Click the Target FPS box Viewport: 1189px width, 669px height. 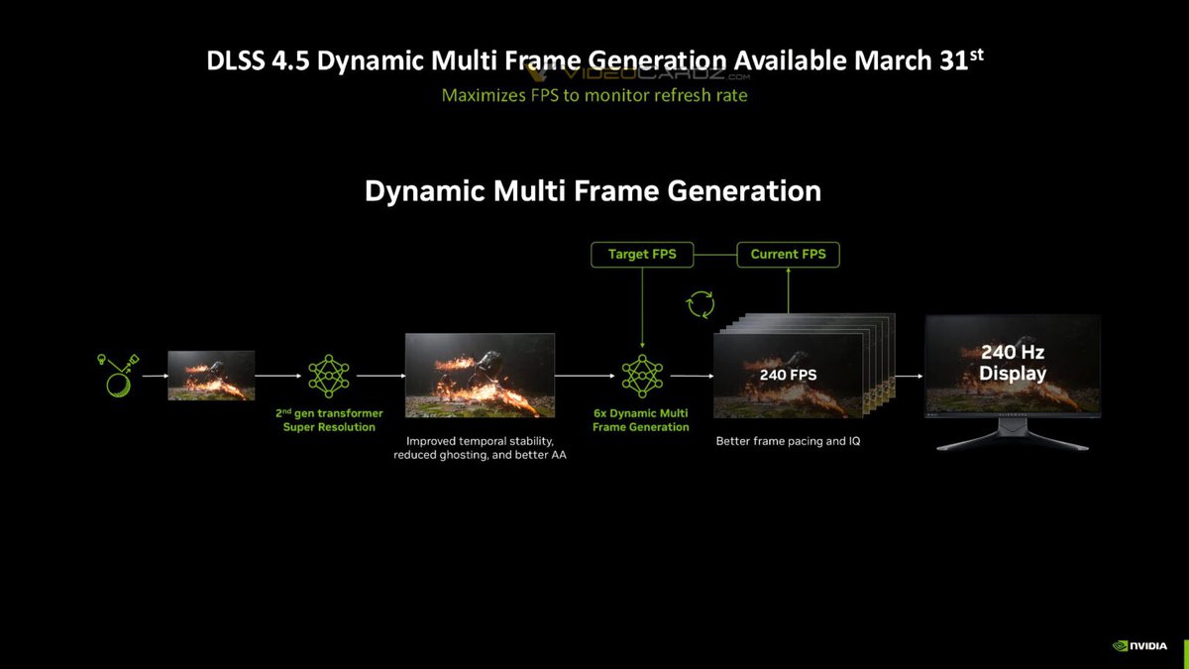click(x=642, y=255)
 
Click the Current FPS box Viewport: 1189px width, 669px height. click(x=789, y=255)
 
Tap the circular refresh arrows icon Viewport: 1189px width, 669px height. click(x=701, y=304)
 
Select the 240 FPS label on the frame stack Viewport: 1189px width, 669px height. click(x=789, y=375)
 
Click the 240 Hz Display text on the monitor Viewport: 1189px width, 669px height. click(x=1013, y=362)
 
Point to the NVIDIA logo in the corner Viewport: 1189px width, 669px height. click(x=1139, y=645)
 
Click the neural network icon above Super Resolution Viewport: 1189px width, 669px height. click(x=329, y=376)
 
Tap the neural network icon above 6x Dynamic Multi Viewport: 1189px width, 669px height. click(x=642, y=376)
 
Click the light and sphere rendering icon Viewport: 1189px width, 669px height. click(x=118, y=376)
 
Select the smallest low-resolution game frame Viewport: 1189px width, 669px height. click(x=211, y=376)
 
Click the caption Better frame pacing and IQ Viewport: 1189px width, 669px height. click(x=788, y=441)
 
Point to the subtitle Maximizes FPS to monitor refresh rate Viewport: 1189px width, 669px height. click(x=594, y=95)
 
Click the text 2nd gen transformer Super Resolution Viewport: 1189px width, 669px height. click(x=329, y=420)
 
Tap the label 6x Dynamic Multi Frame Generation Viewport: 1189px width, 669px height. click(x=641, y=420)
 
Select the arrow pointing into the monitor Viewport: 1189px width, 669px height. click(x=909, y=376)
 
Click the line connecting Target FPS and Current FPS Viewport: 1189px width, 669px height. click(x=715, y=255)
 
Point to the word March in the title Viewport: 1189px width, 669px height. click(x=893, y=60)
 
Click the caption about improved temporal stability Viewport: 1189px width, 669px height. click(x=480, y=448)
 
